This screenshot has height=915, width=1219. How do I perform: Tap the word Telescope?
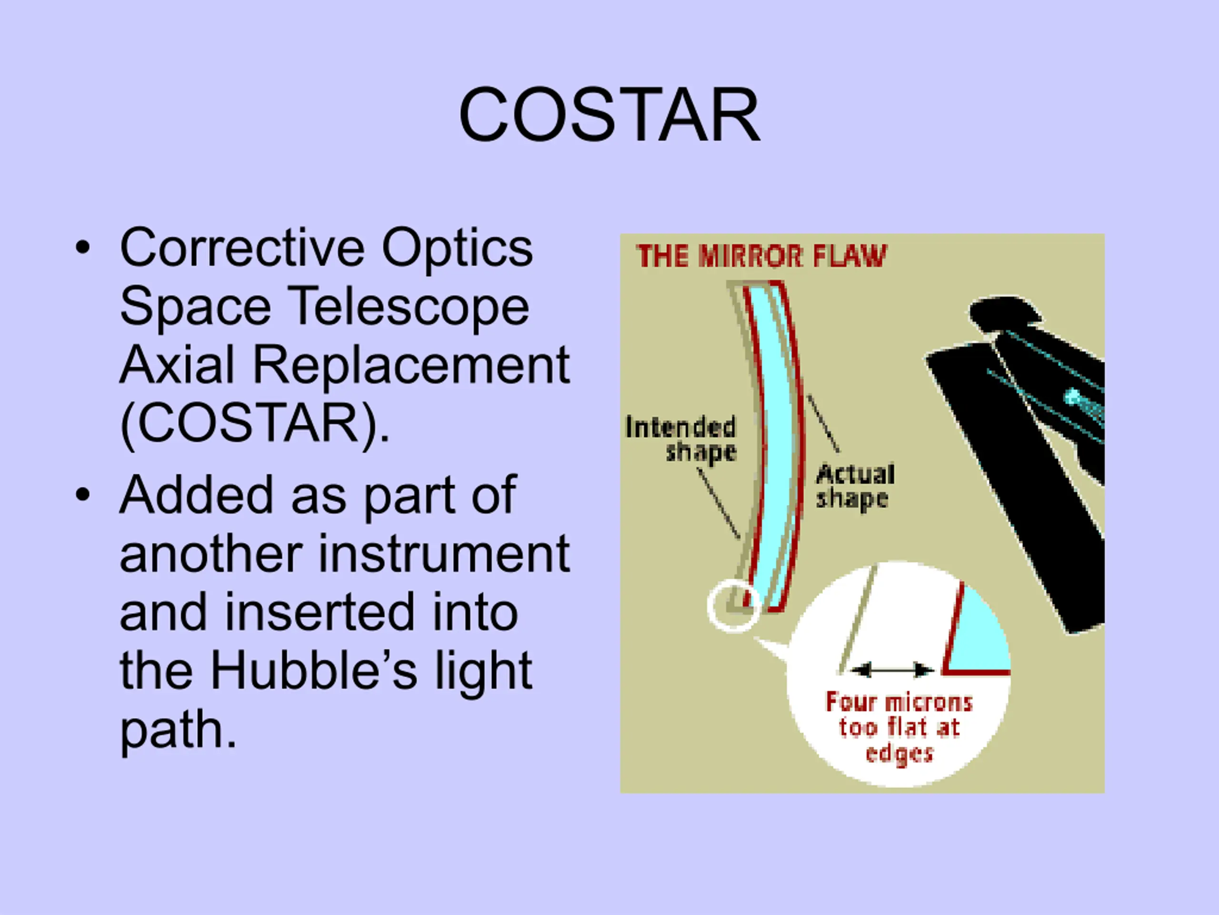click(x=409, y=308)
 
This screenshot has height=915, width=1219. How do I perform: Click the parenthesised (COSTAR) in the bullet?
click(x=255, y=424)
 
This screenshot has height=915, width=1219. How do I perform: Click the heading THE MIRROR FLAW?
click(x=761, y=256)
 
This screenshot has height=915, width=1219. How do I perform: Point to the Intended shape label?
click(x=681, y=439)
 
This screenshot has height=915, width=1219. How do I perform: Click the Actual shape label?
click(x=855, y=487)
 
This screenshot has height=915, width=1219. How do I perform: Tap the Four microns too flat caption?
click(x=899, y=727)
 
